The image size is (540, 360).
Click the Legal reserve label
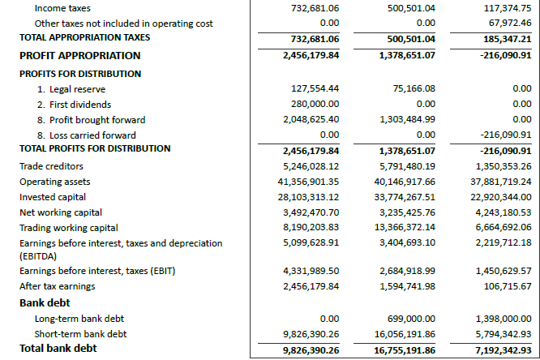71,89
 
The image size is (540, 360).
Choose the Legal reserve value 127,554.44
315,89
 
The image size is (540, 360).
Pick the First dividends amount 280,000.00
315,105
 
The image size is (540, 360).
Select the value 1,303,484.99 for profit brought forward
407,120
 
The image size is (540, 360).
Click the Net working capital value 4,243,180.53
504,212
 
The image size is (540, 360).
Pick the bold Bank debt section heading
45,302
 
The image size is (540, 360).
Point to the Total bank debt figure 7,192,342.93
502,349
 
